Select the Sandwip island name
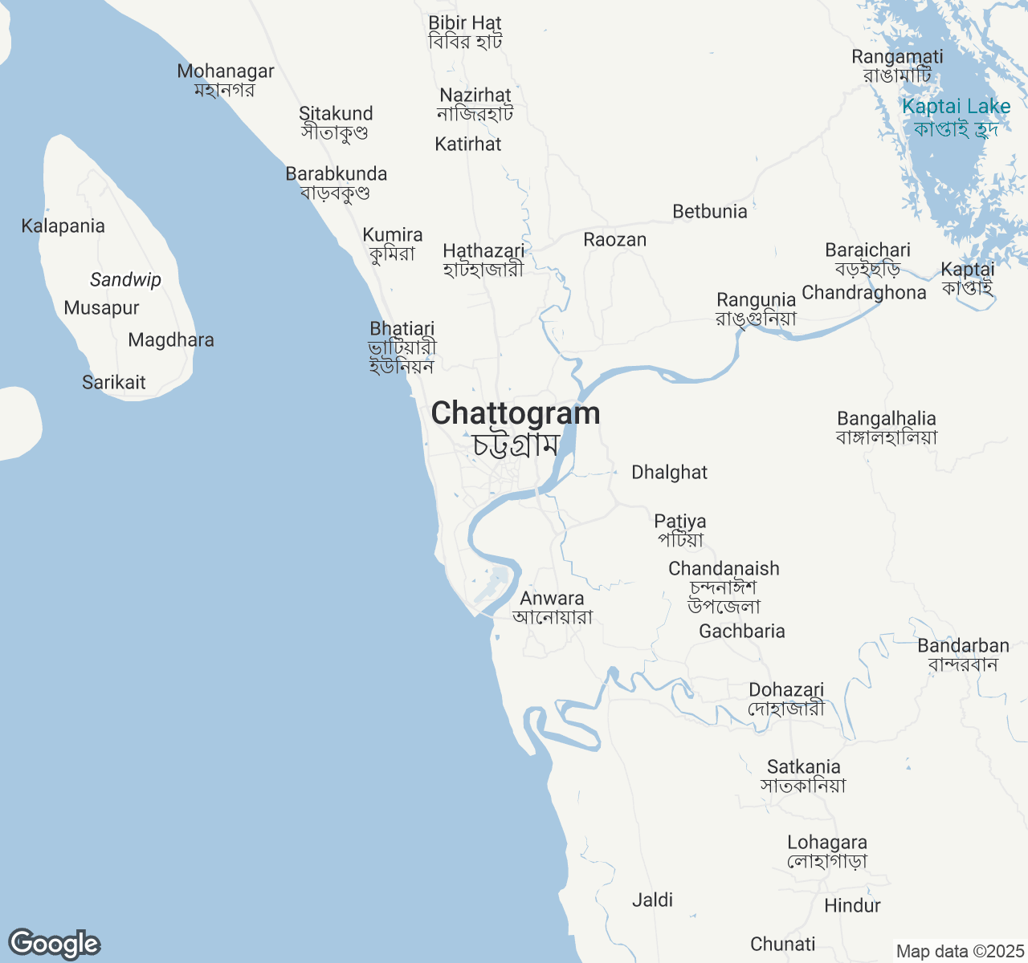click(x=125, y=280)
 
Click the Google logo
click(x=54, y=944)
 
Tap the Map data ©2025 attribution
click(x=960, y=951)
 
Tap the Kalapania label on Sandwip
click(x=63, y=226)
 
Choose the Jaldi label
click(x=652, y=900)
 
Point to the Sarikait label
click(x=114, y=383)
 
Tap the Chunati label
click(x=782, y=945)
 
